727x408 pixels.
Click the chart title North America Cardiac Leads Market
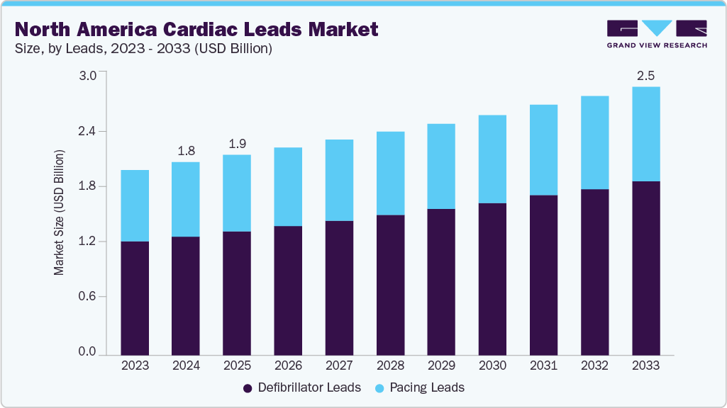(x=196, y=29)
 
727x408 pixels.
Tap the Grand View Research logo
(x=657, y=34)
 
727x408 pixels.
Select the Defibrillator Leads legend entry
(x=302, y=387)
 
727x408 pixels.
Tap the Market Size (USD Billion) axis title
(x=60, y=212)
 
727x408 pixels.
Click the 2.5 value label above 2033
(x=645, y=76)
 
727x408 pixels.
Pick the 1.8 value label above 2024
(x=186, y=151)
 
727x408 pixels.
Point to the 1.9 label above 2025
(x=237, y=144)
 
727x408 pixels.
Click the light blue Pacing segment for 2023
(x=135, y=205)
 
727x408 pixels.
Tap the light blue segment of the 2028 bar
(x=390, y=173)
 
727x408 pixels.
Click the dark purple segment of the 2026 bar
(x=288, y=290)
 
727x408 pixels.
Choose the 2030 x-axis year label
(x=492, y=366)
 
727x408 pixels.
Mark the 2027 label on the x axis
(x=339, y=366)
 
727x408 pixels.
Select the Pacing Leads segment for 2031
(x=543, y=149)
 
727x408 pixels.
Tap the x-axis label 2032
(x=594, y=366)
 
